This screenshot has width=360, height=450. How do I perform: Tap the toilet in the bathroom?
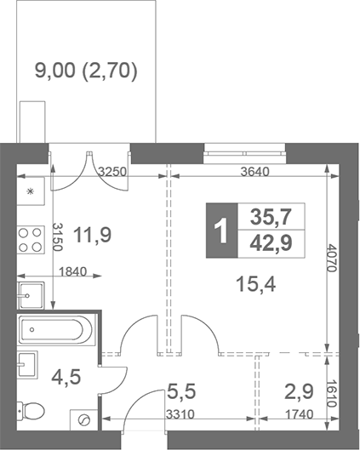pos(31,413)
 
